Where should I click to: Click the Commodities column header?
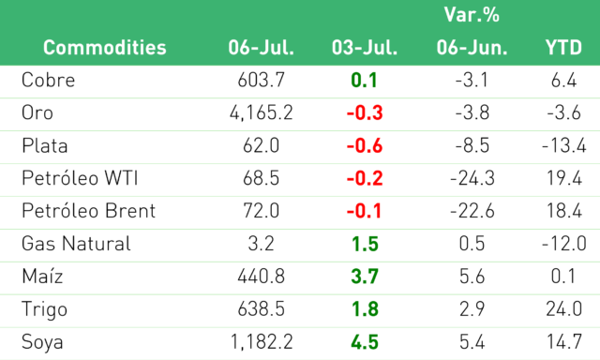point(104,48)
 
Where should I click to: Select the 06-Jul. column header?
point(261,48)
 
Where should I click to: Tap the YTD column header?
point(563,48)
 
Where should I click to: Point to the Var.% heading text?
point(472,15)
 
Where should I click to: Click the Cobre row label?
point(48,81)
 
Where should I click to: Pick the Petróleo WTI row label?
point(80,178)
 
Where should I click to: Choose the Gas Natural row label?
point(76,244)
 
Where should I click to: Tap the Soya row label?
point(42,342)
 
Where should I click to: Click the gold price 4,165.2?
point(261,112)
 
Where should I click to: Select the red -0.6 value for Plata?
point(365,145)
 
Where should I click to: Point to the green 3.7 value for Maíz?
point(365,277)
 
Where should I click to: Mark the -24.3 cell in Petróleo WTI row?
point(472,178)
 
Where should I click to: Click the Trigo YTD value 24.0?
point(564,309)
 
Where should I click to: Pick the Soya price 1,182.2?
point(262,342)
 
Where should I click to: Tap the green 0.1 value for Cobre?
point(365,81)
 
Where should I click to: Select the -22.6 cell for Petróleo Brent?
point(472,211)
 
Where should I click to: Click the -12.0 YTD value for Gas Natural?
point(564,244)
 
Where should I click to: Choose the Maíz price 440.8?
point(261,277)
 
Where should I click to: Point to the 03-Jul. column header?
point(365,48)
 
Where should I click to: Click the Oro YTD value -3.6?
point(563,112)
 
